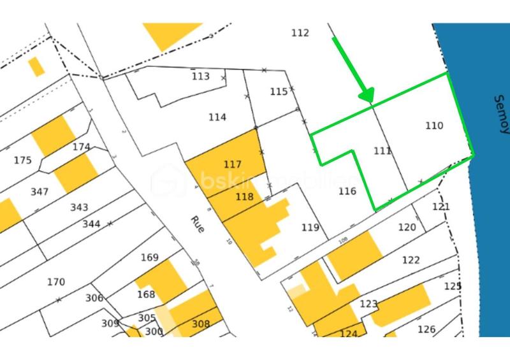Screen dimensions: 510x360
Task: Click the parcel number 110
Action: tap(434, 126)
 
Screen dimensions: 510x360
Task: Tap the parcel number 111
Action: tap(382, 151)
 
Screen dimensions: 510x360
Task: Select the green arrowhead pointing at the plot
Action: tap(366, 96)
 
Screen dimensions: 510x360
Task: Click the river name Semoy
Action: tap(501, 115)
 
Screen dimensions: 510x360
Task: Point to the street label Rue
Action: tap(197, 224)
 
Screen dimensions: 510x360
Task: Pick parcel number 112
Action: tap(300, 33)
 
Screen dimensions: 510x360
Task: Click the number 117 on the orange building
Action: tap(233, 164)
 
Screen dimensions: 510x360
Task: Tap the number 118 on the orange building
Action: tap(244, 197)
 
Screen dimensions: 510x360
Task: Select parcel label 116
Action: tap(347, 191)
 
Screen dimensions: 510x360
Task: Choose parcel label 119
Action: tap(310, 227)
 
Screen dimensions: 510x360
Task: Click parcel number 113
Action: tap(200, 76)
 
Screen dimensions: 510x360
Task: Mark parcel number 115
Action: tap(279, 92)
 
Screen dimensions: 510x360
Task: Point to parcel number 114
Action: tap(217, 117)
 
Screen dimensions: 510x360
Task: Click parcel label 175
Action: tap(22, 160)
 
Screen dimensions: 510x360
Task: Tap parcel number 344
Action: tap(91, 224)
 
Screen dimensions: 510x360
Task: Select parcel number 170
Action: tap(56, 282)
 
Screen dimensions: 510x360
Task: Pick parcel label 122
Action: tap(411, 260)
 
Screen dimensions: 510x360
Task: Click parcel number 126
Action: tap(426, 329)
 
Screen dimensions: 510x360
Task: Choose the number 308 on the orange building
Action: tap(201, 324)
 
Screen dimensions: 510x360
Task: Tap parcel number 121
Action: tap(441, 207)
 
